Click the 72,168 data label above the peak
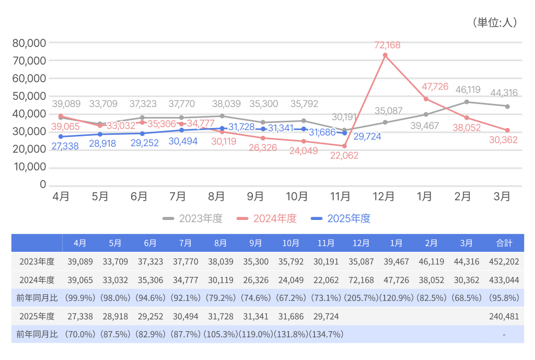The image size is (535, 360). [387, 45]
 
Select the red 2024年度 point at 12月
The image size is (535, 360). [385, 55]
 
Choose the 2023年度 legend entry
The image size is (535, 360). [193, 219]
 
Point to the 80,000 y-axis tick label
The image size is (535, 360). [29, 43]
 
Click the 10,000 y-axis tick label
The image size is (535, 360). [29, 167]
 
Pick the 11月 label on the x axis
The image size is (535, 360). [340, 196]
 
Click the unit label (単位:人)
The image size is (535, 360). [494, 22]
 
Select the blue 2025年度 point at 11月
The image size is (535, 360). [344, 133]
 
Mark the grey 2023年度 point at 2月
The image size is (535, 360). [467, 102]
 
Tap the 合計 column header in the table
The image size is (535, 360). [504, 243]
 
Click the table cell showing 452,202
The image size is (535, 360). [504, 262]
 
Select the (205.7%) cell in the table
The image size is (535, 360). [361, 298]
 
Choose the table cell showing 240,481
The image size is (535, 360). [504, 317]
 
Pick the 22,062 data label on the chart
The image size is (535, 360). [344, 156]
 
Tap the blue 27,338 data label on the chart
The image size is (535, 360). [65, 147]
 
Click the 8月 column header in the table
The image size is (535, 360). [220, 243]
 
